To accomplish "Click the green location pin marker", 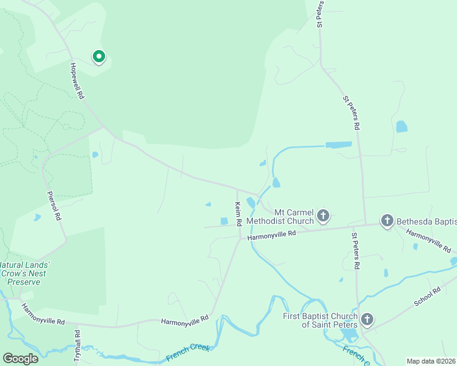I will (x=98, y=57).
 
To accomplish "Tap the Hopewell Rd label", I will (x=76, y=82).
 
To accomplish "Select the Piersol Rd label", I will (x=54, y=206).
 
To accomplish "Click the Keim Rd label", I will (x=239, y=214).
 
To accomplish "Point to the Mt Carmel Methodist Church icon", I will (x=323, y=215).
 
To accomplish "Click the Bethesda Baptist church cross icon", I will (x=387, y=220).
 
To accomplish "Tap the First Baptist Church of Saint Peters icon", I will (x=367, y=319).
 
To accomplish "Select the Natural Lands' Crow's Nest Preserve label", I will (x=24, y=273).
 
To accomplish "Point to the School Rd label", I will (x=427, y=298).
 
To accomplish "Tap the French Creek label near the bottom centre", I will (x=187, y=353).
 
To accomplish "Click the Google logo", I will (x=20, y=359).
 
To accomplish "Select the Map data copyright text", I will (x=431, y=361).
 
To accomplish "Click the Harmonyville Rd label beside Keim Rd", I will (x=272, y=234).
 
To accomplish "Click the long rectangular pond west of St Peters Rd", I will (x=338, y=145).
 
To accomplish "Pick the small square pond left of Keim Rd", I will (x=224, y=221).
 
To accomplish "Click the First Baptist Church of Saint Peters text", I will (x=320, y=320).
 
